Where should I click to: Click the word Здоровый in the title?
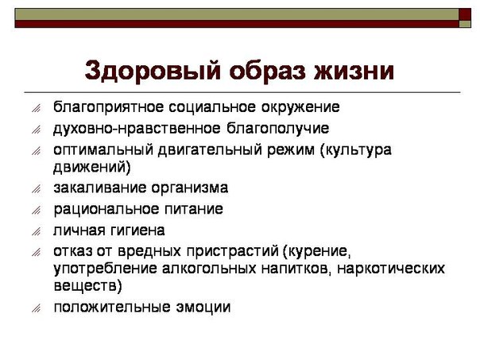point(153,72)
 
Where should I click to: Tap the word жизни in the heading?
point(354,72)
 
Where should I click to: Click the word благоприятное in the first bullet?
point(108,107)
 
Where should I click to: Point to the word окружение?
point(300,107)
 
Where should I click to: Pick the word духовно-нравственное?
point(137,129)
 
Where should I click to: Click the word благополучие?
point(277,129)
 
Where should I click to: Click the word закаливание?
point(99,188)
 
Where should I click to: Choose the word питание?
point(194,209)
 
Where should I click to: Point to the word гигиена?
point(139,230)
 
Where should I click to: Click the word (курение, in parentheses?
point(316,251)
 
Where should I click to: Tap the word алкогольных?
point(208,269)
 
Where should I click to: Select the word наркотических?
point(391,269)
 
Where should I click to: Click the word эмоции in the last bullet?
point(203,308)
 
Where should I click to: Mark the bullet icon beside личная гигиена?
point(36,231)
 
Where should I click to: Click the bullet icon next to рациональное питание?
point(36,210)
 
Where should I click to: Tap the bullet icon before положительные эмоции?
point(36,308)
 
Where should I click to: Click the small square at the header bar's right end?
point(465,24)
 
